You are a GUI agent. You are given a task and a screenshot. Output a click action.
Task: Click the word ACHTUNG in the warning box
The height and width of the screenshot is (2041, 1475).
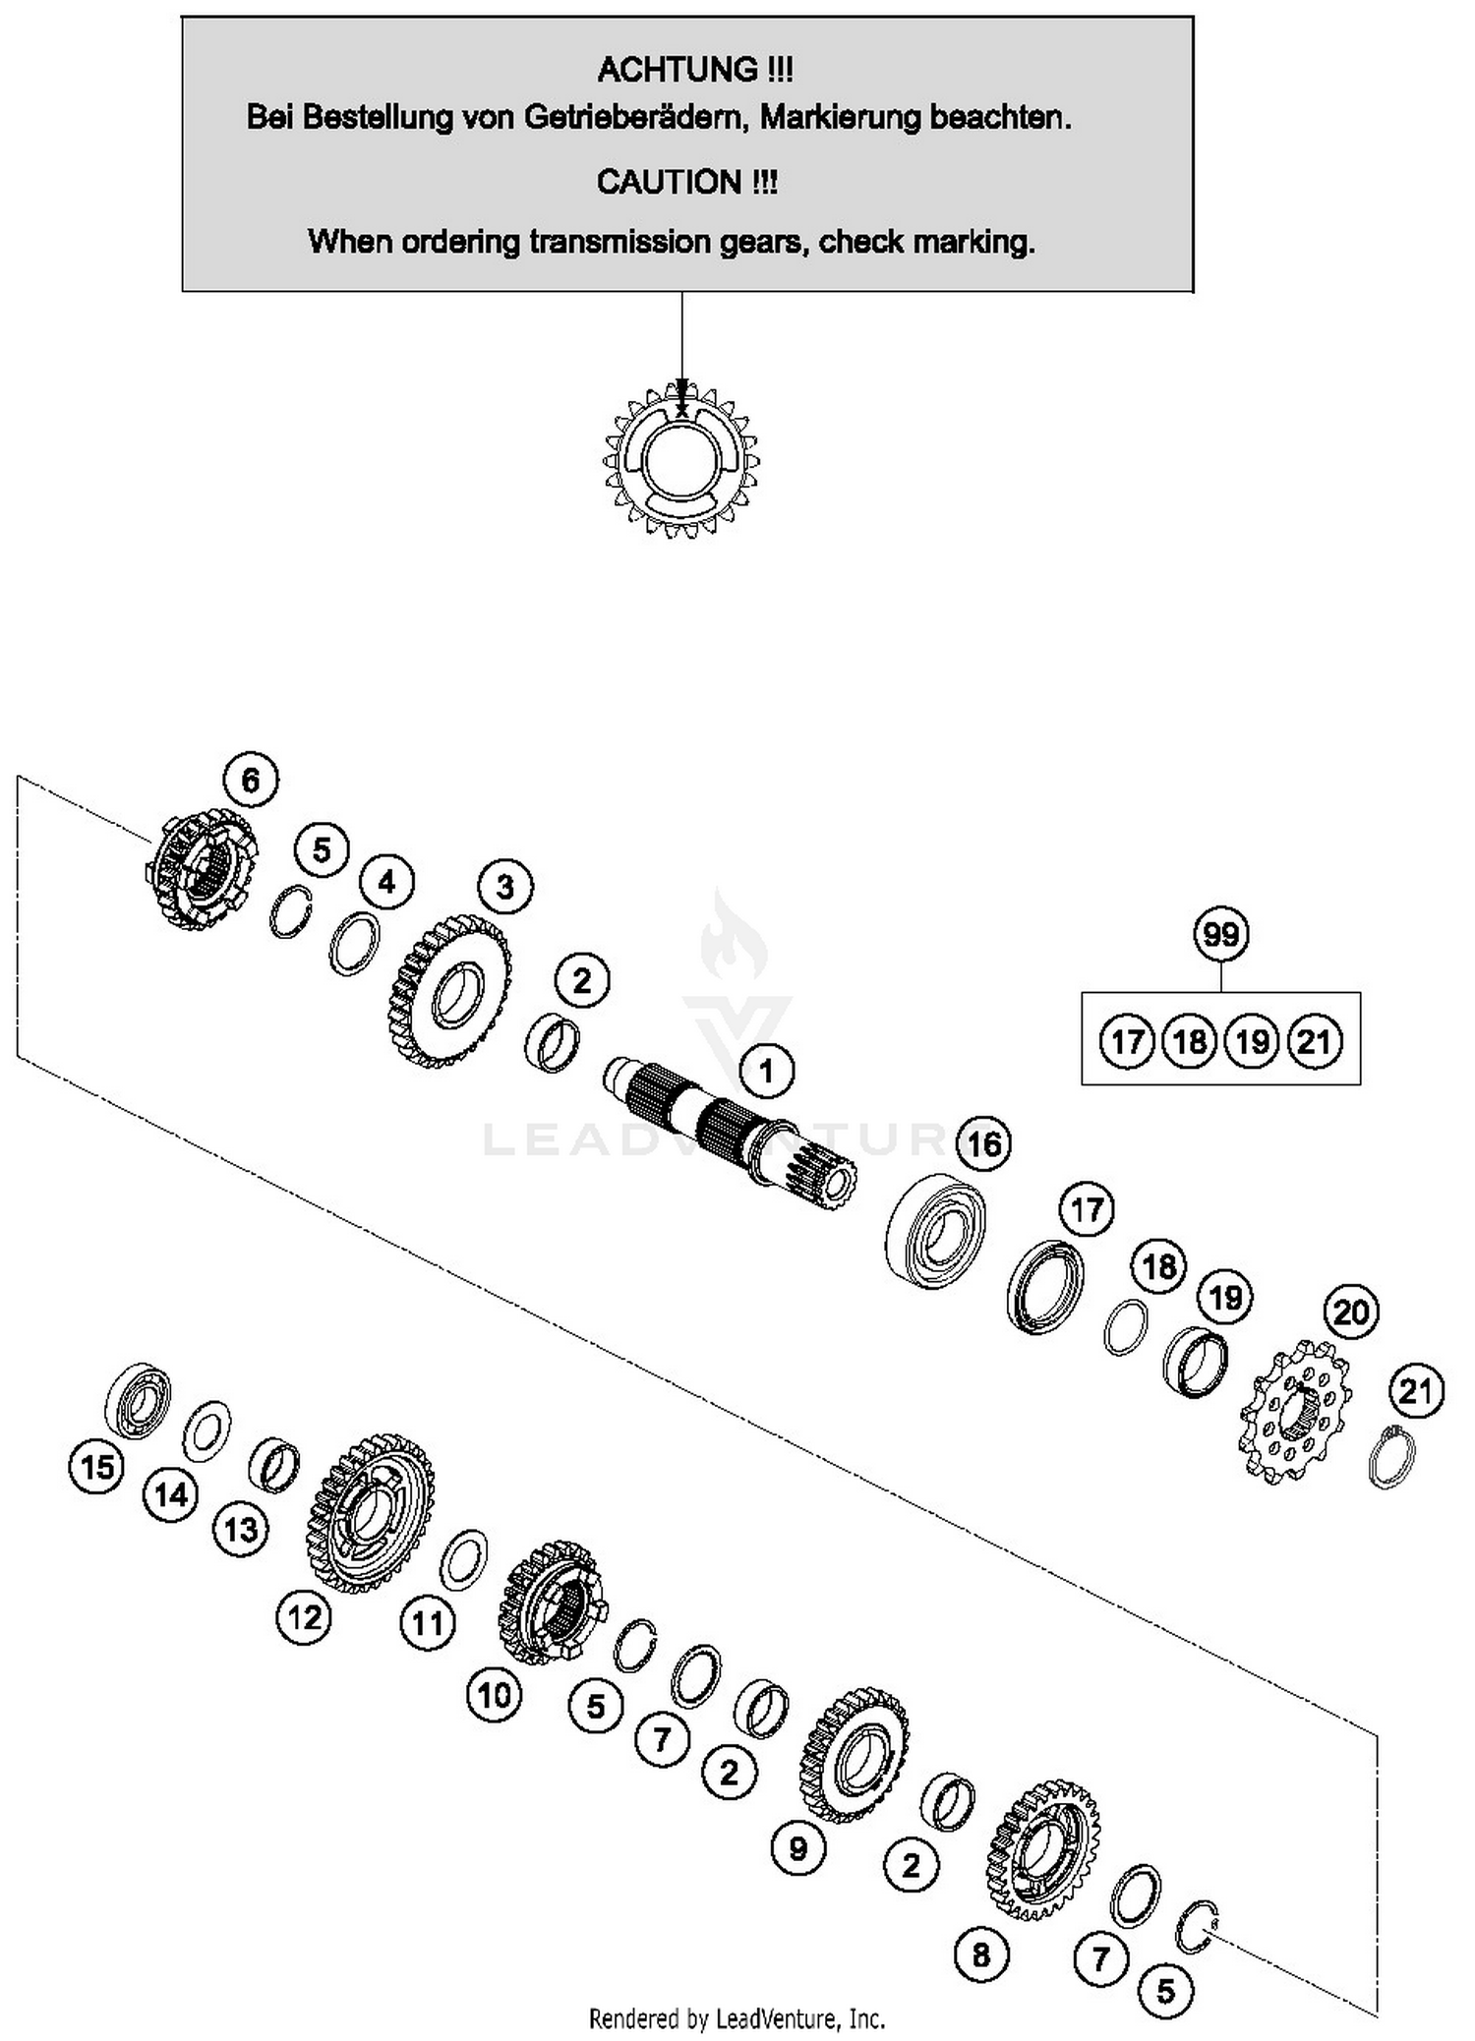tap(678, 70)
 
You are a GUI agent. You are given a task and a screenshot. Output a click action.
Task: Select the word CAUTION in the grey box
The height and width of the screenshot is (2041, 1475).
tap(669, 183)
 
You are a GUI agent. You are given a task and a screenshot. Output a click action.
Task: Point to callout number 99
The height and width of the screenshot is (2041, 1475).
tap(1220, 933)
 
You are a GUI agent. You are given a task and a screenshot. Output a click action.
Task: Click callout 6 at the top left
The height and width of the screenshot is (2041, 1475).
tap(250, 780)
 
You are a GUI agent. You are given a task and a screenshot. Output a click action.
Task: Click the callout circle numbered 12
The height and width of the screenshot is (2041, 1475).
tap(304, 1616)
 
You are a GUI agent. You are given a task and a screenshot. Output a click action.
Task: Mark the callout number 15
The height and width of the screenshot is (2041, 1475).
tap(96, 1468)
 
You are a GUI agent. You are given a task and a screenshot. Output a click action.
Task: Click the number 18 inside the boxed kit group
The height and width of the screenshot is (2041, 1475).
tap(1189, 1041)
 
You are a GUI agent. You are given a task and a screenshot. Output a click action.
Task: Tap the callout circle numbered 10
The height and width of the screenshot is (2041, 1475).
tap(494, 1694)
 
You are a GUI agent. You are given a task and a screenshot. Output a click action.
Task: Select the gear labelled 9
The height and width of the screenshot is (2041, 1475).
tap(854, 1756)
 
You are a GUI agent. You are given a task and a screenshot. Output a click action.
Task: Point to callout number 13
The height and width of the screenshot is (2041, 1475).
tap(241, 1530)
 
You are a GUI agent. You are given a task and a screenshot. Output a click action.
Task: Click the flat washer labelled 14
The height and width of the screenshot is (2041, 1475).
tap(207, 1430)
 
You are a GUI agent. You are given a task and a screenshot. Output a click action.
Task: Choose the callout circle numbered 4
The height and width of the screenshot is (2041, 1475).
tap(386, 882)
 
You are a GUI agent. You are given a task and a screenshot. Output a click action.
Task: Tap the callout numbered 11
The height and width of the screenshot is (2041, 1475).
tap(427, 1622)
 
